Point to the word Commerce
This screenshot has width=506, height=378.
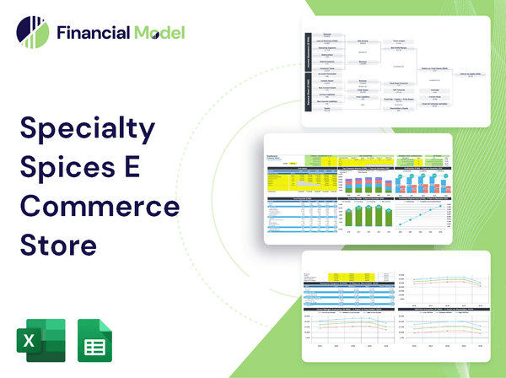tap(99, 208)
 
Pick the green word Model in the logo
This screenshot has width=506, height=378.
tap(158, 33)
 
